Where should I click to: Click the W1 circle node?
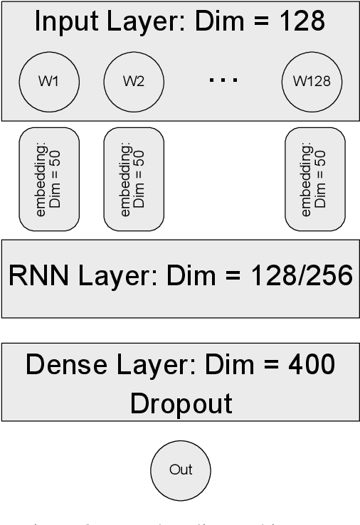tap(48, 81)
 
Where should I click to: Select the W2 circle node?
tap(134, 81)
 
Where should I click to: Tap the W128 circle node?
tap(312, 81)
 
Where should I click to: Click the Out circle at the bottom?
tap(181, 470)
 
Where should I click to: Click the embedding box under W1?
tap(48, 179)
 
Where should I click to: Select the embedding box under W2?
tap(134, 179)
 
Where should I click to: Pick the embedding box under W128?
tap(314, 179)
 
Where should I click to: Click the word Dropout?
tap(181, 403)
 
